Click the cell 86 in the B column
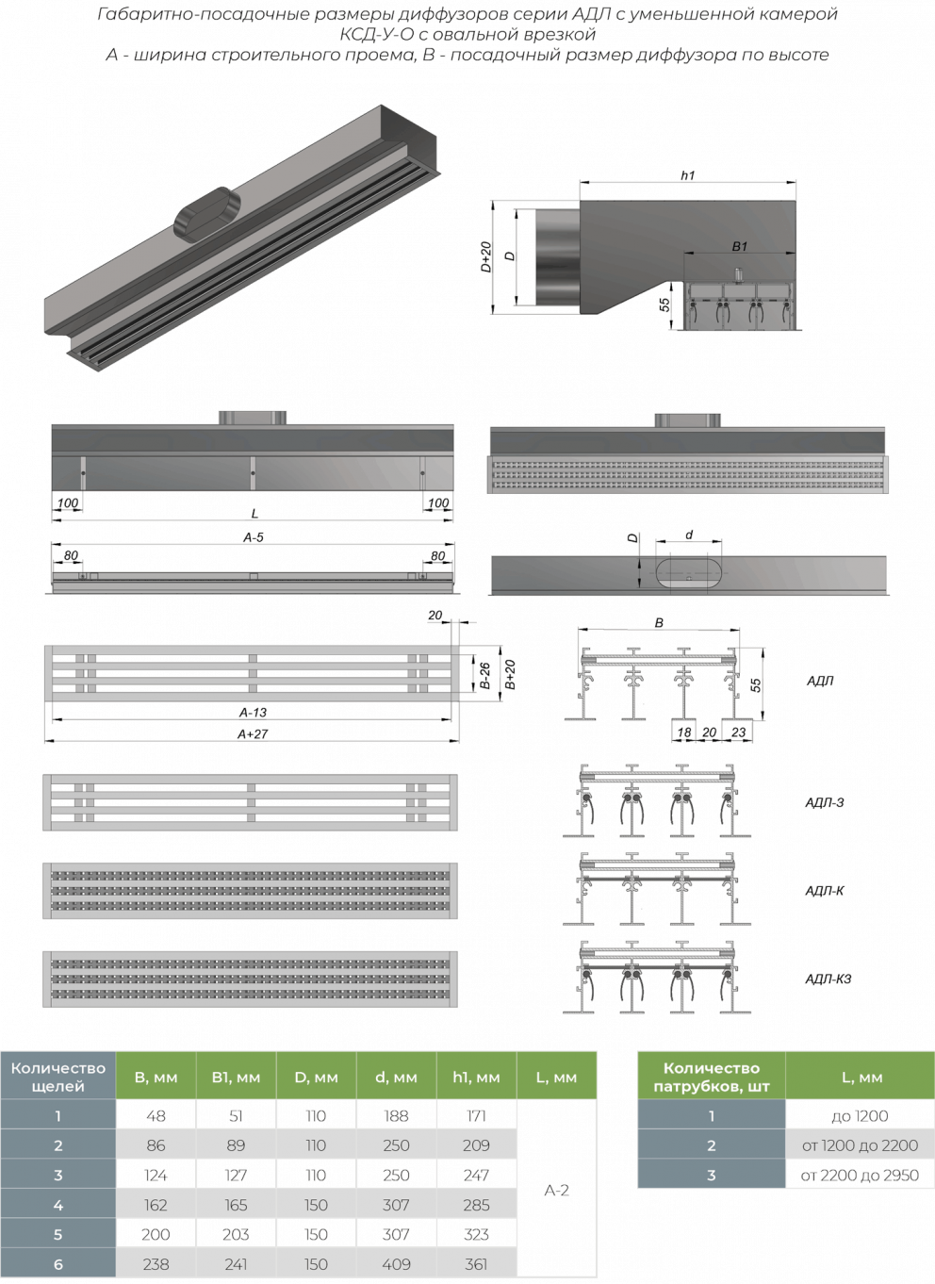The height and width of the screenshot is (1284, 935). pyautogui.click(x=156, y=1145)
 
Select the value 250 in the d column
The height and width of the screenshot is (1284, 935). pyautogui.click(x=396, y=1145)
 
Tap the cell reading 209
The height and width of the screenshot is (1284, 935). pyautogui.click(x=477, y=1145)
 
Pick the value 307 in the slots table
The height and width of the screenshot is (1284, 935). pyautogui.click(x=396, y=1205)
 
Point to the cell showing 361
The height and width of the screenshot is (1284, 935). pyautogui.click(x=477, y=1263)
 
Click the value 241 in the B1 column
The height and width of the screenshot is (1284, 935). pyautogui.click(x=236, y=1263)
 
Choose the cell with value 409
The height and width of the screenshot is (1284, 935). pyautogui.click(x=396, y=1263)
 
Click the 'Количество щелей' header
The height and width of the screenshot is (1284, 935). pyautogui.click(x=57, y=1077)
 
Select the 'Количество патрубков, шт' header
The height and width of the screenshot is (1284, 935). pyautogui.click(x=711, y=1077)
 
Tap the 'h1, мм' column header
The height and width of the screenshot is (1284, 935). pyautogui.click(x=477, y=1077)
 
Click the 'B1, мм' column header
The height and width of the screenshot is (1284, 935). pyautogui.click(x=236, y=1077)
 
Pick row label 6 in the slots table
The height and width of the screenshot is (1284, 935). pyautogui.click(x=57, y=1263)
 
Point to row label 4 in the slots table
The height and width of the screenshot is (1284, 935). pyautogui.click(x=57, y=1205)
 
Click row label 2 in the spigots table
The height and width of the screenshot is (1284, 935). pyautogui.click(x=711, y=1145)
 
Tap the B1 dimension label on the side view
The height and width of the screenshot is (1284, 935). pyautogui.click(x=740, y=246)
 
